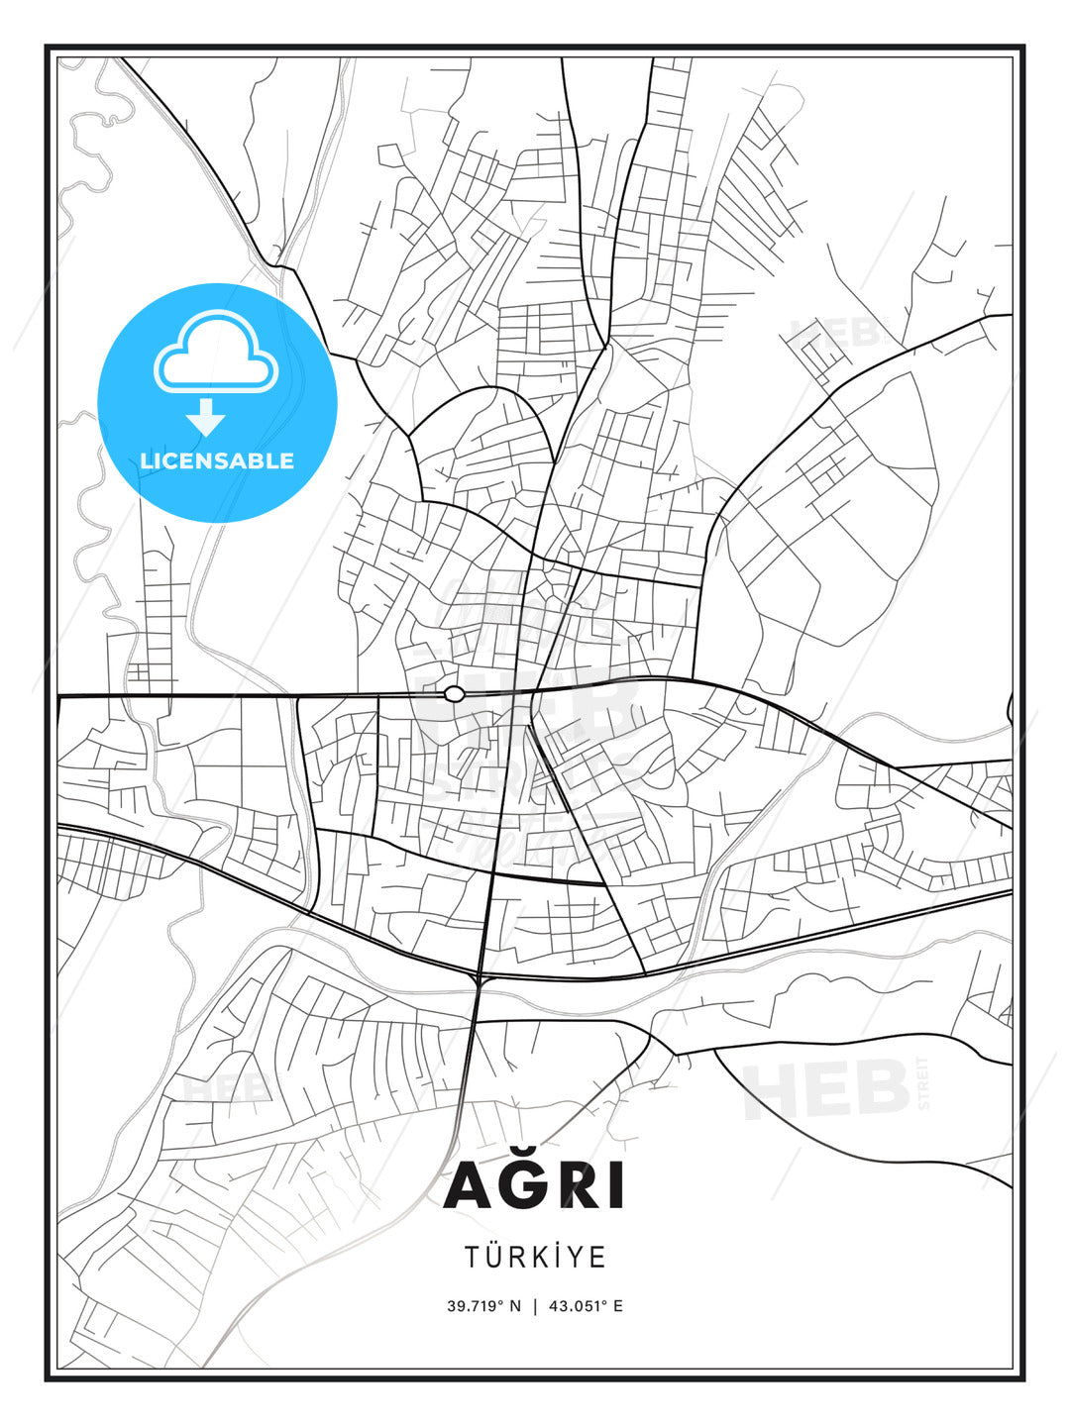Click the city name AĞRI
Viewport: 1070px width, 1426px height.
pyautogui.click(x=535, y=1184)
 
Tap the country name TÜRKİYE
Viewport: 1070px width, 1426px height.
pyautogui.click(x=535, y=1257)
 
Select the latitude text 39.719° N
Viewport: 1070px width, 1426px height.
pyautogui.click(x=483, y=1306)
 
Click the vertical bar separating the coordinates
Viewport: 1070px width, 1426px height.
pyautogui.click(x=535, y=1306)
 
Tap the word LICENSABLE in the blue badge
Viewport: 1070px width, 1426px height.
pyautogui.click(x=217, y=460)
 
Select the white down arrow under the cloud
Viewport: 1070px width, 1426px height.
pyautogui.click(x=206, y=417)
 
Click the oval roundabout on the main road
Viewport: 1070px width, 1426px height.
pyautogui.click(x=455, y=694)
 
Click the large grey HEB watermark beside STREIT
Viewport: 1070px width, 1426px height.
pyautogui.click(x=826, y=1089)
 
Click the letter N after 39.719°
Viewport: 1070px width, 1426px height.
pyautogui.click(x=515, y=1306)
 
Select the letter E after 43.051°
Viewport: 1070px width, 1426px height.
pyautogui.click(x=618, y=1306)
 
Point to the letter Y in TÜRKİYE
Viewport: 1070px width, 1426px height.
pyautogui.click(x=580, y=1257)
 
